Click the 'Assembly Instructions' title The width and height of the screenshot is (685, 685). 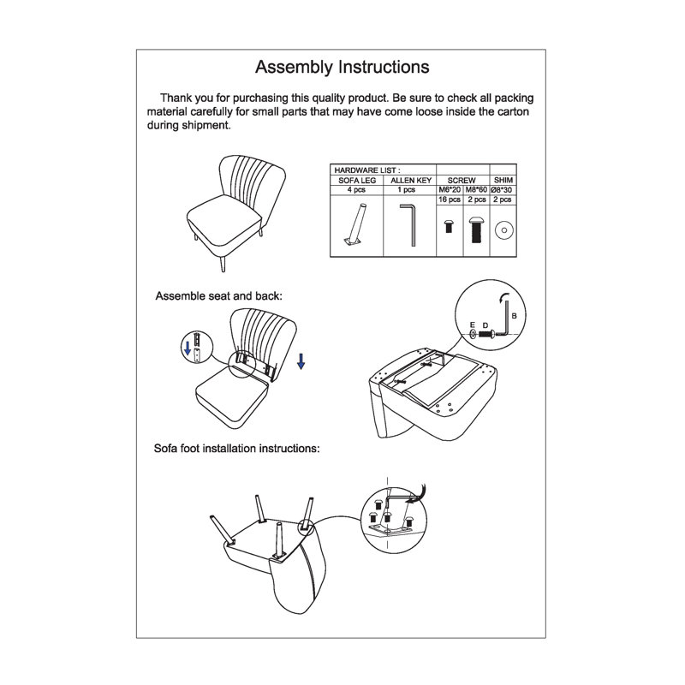(x=342, y=68)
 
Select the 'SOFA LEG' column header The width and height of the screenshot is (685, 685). (x=357, y=180)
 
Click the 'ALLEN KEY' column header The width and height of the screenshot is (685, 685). (x=411, y=180)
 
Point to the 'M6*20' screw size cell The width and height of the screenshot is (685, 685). (x=450, y=189)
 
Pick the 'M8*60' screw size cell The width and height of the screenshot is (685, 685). (x=476, y=189)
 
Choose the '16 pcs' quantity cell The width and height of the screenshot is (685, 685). (x=450, y=200)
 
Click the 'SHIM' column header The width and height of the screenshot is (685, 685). (x=503, y=180)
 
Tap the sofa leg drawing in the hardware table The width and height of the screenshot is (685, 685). (x=354, y=224)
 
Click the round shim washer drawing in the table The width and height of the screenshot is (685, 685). (x=503, y=230)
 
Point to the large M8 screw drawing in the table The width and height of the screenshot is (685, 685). (x=476, y=229)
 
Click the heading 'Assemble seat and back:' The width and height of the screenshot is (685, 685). (x=219, y=296)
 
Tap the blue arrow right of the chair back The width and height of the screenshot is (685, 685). (x=301, y=361)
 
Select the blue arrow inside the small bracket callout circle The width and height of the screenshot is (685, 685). (x=188, y=348)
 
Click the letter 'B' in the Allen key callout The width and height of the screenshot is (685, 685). (x=515, y=315)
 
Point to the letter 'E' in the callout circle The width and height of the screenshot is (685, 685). (x=473, y=325)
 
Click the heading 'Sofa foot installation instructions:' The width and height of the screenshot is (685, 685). (x=237, y=449)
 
